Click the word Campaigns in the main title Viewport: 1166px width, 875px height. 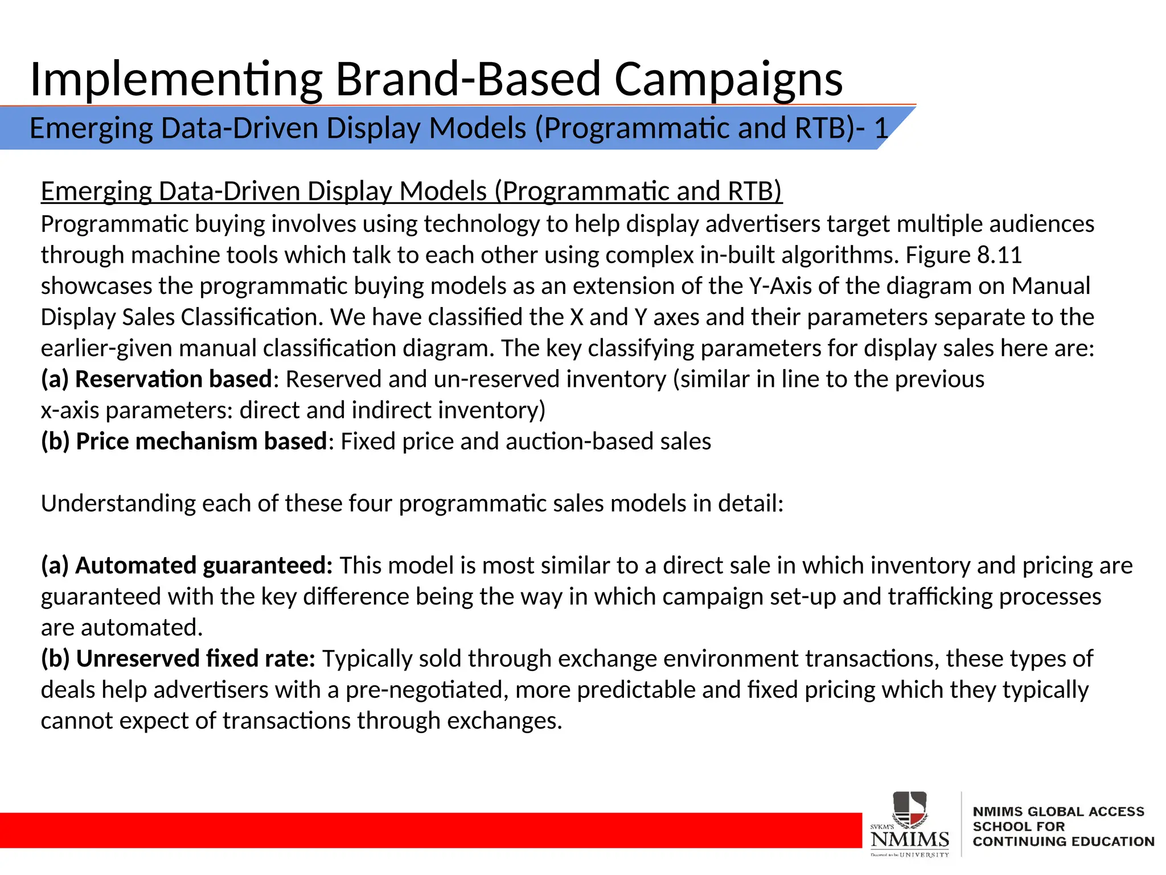(728, 80)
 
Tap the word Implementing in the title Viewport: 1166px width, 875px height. (176, 80)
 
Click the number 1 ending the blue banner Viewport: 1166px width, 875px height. (881, 128)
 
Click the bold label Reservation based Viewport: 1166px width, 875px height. (173, 379)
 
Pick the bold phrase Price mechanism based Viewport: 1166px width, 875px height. (201, 441)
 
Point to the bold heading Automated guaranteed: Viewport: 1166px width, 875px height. (203, 566)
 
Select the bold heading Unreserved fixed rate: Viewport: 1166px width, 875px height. (195, 659)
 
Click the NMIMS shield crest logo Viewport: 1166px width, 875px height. (910, 809)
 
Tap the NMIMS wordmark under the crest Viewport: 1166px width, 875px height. (910, 840)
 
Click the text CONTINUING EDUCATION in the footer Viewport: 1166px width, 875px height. (1063, 841)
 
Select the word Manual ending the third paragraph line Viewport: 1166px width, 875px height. (1050, 286)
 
